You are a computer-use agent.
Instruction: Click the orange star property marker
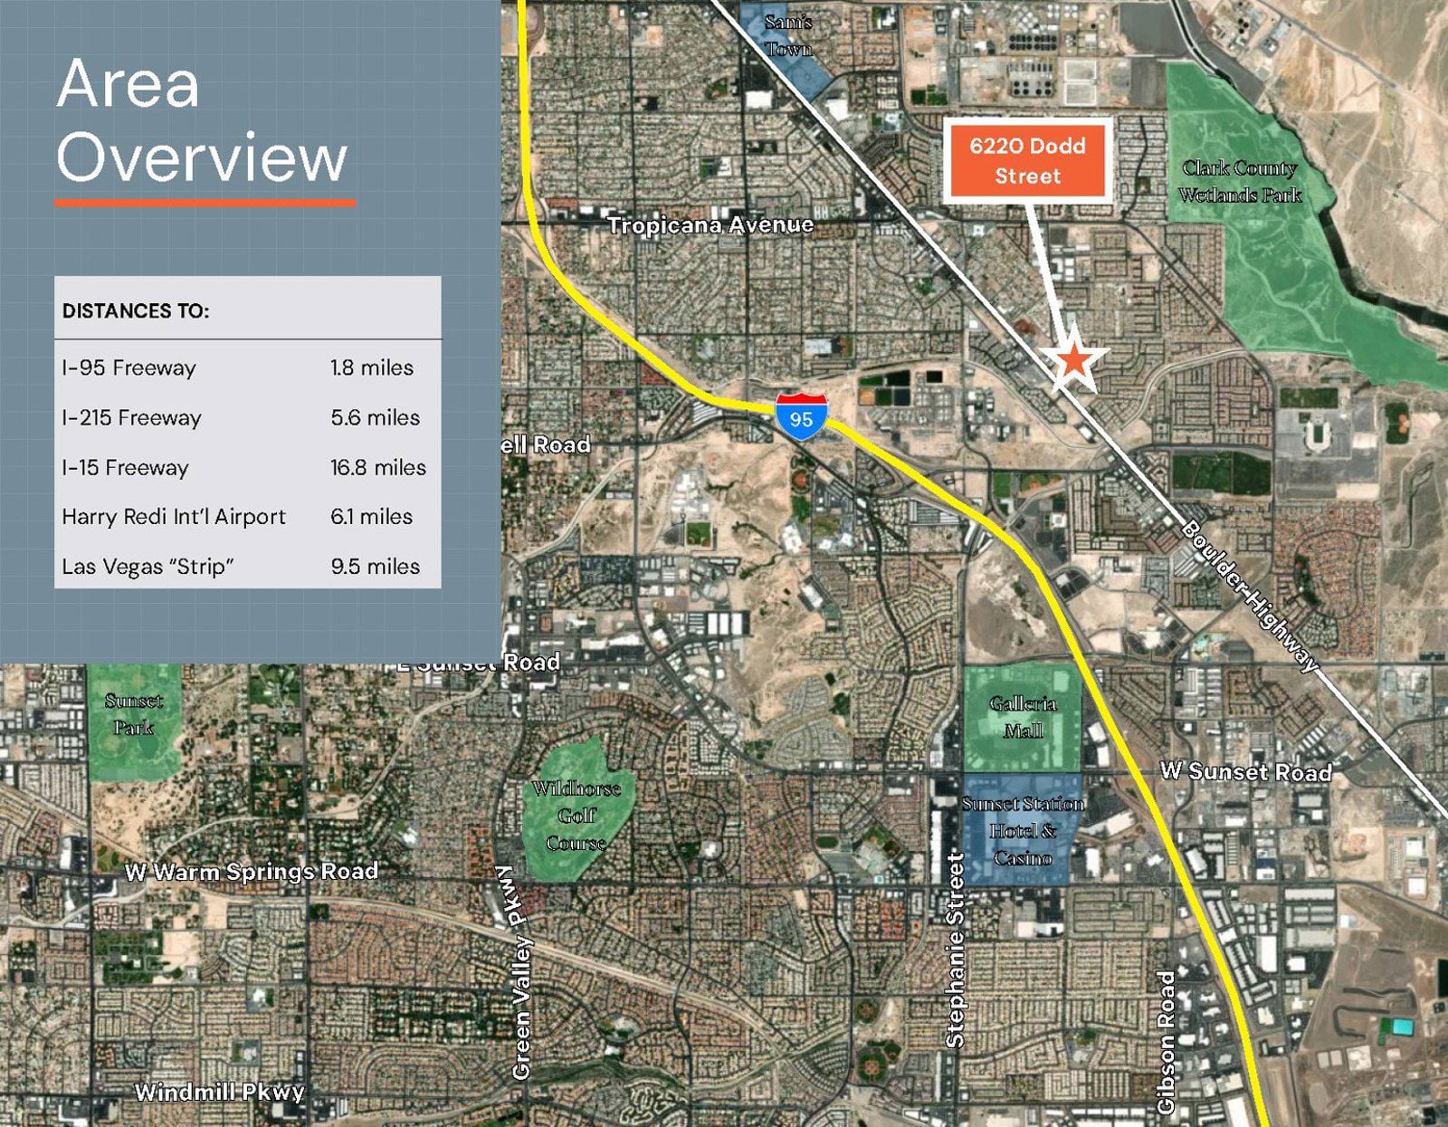click(x=1074, y=361)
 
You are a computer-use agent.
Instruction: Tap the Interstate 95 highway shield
click(x=801, y=416)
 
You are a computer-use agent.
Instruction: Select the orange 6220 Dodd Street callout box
click(x=1027, y=160)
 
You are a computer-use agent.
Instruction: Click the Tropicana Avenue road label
click(x=710, y=224)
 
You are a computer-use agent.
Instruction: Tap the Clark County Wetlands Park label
click(x=1240, y=181)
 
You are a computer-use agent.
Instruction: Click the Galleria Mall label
click(x=1023, y=717)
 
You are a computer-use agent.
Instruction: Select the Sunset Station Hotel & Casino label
click(x=1023, y=830)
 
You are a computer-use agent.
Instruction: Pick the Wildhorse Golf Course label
click(x=576, y=816)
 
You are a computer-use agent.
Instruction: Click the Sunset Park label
click(x=134, y=713)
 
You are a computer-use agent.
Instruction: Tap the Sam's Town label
click(x=788, y=35)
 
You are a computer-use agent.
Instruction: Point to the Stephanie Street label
click(x=955, y=950)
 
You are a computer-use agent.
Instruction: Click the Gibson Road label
click(x=1166, y=1042)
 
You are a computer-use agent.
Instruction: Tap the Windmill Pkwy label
click(x=219, y=1092)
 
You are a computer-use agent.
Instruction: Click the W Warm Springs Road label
click(x=252, y=872)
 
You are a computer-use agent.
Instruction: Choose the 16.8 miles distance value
click(x=377, y=467)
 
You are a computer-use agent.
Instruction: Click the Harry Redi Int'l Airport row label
click(x=174, y=517)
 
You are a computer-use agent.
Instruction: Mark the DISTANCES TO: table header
click(x=136, y=311)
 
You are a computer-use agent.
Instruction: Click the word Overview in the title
click(x=202, y=158)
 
